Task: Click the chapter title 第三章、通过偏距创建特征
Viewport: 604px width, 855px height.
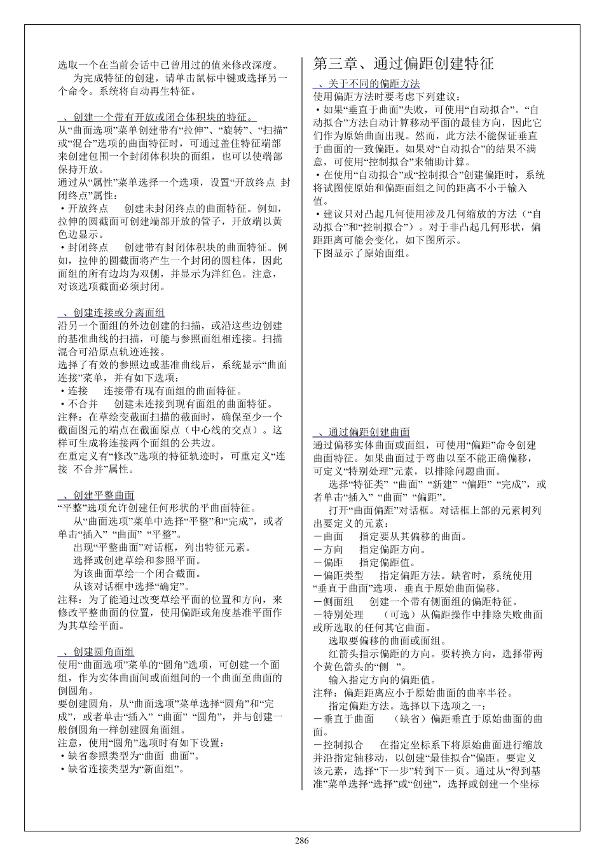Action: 403,64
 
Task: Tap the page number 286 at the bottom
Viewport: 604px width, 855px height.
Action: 302,841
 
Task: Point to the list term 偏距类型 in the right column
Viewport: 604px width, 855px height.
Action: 343,576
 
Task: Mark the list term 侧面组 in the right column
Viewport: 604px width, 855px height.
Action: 338,602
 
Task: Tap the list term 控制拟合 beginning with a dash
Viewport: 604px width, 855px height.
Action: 343,745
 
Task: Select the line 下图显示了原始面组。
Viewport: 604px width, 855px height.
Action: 362,253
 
